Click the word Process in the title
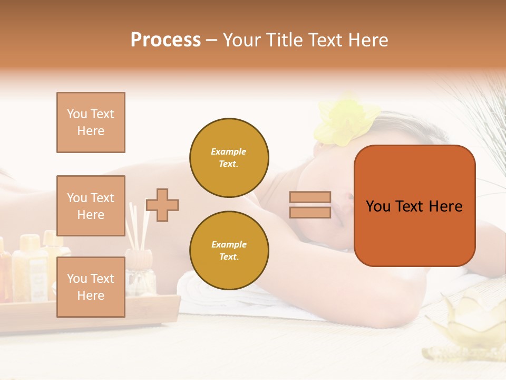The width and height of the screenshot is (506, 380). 166,40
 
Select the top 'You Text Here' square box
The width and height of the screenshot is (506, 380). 91,122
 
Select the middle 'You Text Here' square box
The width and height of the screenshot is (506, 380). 91,206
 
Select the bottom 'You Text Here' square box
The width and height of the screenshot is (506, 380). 91,287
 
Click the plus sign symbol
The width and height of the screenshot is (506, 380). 162,205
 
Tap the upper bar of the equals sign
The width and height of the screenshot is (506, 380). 310,197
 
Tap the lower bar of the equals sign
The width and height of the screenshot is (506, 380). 310,212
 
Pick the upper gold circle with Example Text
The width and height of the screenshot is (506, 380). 229,157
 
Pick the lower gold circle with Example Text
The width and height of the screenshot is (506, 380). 229,250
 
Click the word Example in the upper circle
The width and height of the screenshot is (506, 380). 229,151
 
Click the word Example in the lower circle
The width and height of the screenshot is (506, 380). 229,244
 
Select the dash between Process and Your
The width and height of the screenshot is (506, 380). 212,40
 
